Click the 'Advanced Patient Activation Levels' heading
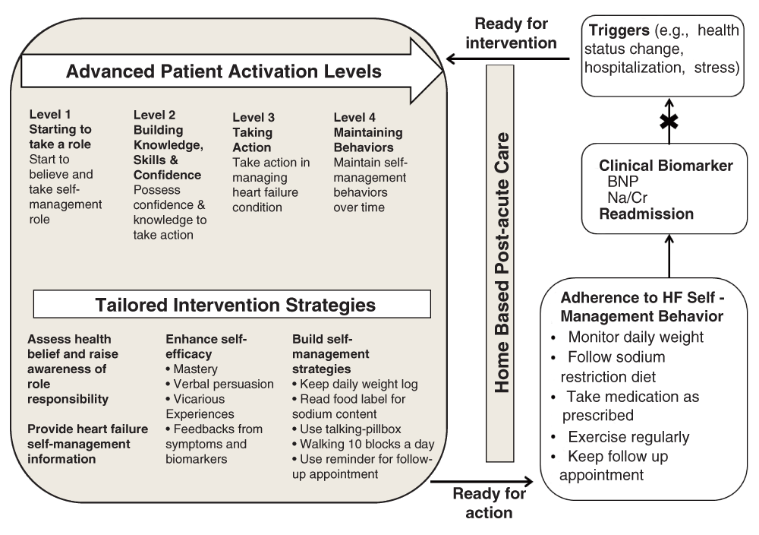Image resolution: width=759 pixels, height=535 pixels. coord(223,72)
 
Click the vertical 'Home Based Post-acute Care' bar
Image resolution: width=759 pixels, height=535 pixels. coord(501,263)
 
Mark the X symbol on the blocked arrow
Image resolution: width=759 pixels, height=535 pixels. coord(669,122)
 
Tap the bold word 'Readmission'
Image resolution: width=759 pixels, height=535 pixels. coord(646,214)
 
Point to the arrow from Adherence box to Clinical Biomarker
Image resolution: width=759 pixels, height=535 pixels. coord(669,256)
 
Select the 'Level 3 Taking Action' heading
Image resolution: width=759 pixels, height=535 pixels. coord(254,132)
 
